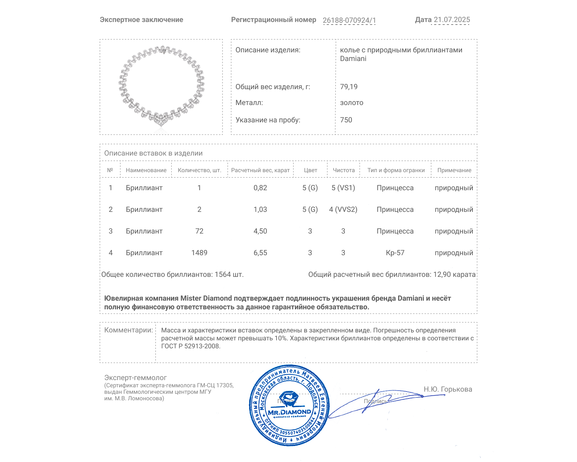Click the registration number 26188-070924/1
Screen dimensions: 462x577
click(349, 20)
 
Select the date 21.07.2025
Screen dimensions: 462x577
click(452, 20)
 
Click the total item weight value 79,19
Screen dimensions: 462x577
click(349, 87)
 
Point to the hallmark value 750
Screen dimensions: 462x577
click(346, 120)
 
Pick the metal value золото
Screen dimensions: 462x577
click(352, 103)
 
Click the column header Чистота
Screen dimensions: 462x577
click(344, 170)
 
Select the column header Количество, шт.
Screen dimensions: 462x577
click(199, 170)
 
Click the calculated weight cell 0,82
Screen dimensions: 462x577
click(260, 188)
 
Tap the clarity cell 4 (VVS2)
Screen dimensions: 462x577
click(343, 209)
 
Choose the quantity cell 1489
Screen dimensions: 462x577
click(199, 253)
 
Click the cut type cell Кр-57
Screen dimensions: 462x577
click(395, 253)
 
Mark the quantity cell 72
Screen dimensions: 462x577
click(199, 231)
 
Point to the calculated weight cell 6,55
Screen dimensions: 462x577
click(260, 253)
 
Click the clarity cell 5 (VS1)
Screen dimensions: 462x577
click(343, 188)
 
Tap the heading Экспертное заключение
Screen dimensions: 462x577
click(141, 20)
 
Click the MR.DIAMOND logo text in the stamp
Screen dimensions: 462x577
click(289, 412)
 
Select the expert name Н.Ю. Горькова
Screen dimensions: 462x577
click(448, 389)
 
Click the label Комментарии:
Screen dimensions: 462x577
click(128, 330)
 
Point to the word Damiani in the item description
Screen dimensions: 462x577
click(353, 59)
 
